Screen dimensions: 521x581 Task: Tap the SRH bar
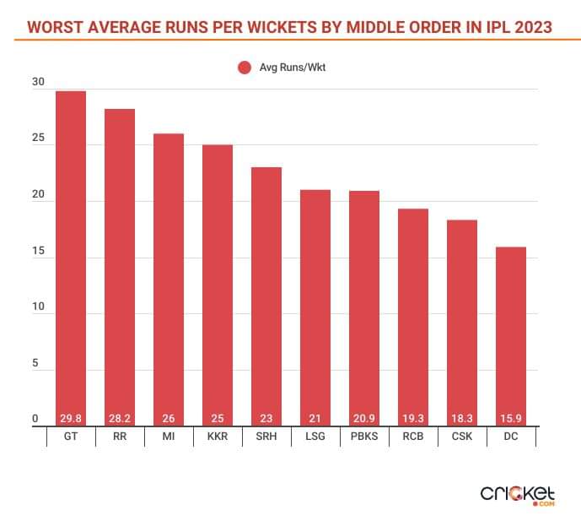pos(266,296)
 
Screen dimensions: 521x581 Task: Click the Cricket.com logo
pos(517,493)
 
